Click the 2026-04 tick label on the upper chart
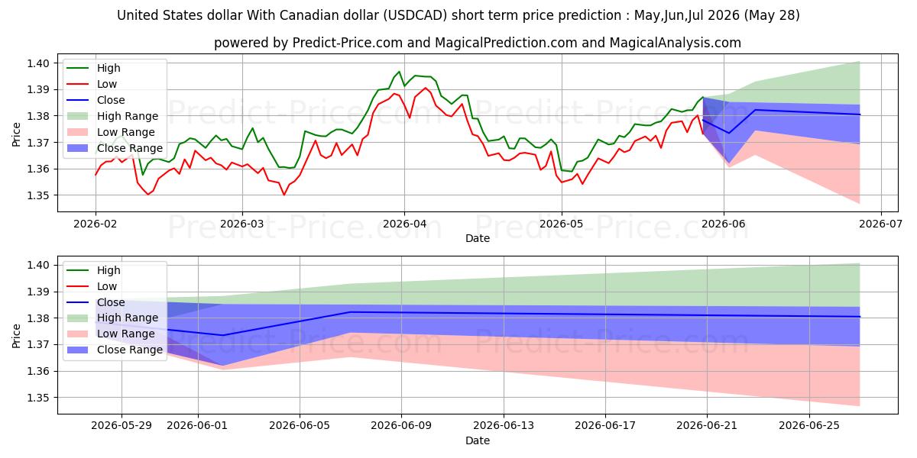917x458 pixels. point(404,224)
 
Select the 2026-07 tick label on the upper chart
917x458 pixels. point(880,224)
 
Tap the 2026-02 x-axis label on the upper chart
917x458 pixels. point(95,224)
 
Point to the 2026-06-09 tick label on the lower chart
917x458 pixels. point(401,425)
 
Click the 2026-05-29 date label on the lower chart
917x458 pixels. point(122,425)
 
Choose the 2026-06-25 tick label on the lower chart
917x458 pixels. point(809,425)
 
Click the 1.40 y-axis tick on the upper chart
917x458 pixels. point(38,63)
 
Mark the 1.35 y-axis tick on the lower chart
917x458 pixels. point(38,398)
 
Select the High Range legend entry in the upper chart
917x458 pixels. point(112,116)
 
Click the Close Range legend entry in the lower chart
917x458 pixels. point(115,350)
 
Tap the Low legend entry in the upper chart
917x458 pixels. point(92,84)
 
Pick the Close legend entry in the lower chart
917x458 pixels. point(96,302)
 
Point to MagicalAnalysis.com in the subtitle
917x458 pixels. point(675,43)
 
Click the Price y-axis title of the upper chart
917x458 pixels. point(16,134)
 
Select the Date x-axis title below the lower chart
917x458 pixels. point(478,440)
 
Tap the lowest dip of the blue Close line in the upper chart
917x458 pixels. point(729,133)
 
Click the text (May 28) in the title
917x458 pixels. point(772,15)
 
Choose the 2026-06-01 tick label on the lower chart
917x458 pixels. point(198,425)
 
